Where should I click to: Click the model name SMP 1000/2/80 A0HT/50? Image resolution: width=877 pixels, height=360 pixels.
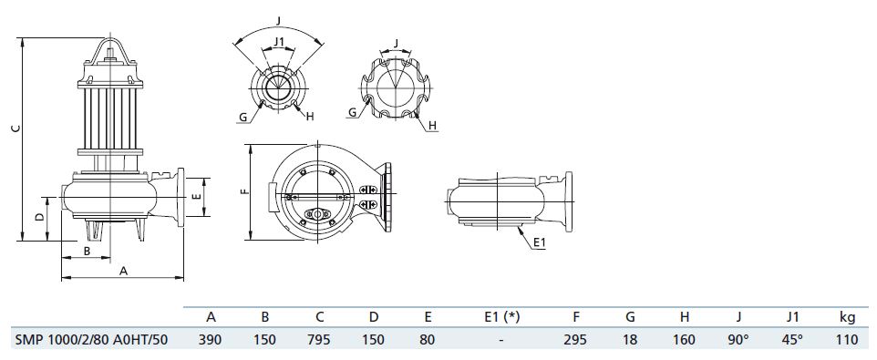click(x=90, y=339)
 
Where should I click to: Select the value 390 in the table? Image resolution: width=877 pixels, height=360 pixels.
click(x=211, y=339)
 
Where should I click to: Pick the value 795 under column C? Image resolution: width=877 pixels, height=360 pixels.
click(x=319, y=339)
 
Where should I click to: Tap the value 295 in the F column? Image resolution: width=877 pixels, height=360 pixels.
click(x=575, y=339)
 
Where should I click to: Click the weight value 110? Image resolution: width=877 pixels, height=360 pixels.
click(x=847, y=339)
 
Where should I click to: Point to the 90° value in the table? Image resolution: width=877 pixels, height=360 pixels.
click(x=738, y=339)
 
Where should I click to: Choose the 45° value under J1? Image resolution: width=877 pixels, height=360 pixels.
click(x=792, y=339)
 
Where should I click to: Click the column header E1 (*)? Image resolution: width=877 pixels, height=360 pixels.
click(x=501, y=317)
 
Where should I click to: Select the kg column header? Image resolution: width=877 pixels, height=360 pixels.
click(x=847, y=317)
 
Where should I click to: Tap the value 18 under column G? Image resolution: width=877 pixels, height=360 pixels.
click(x=630, y=339)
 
